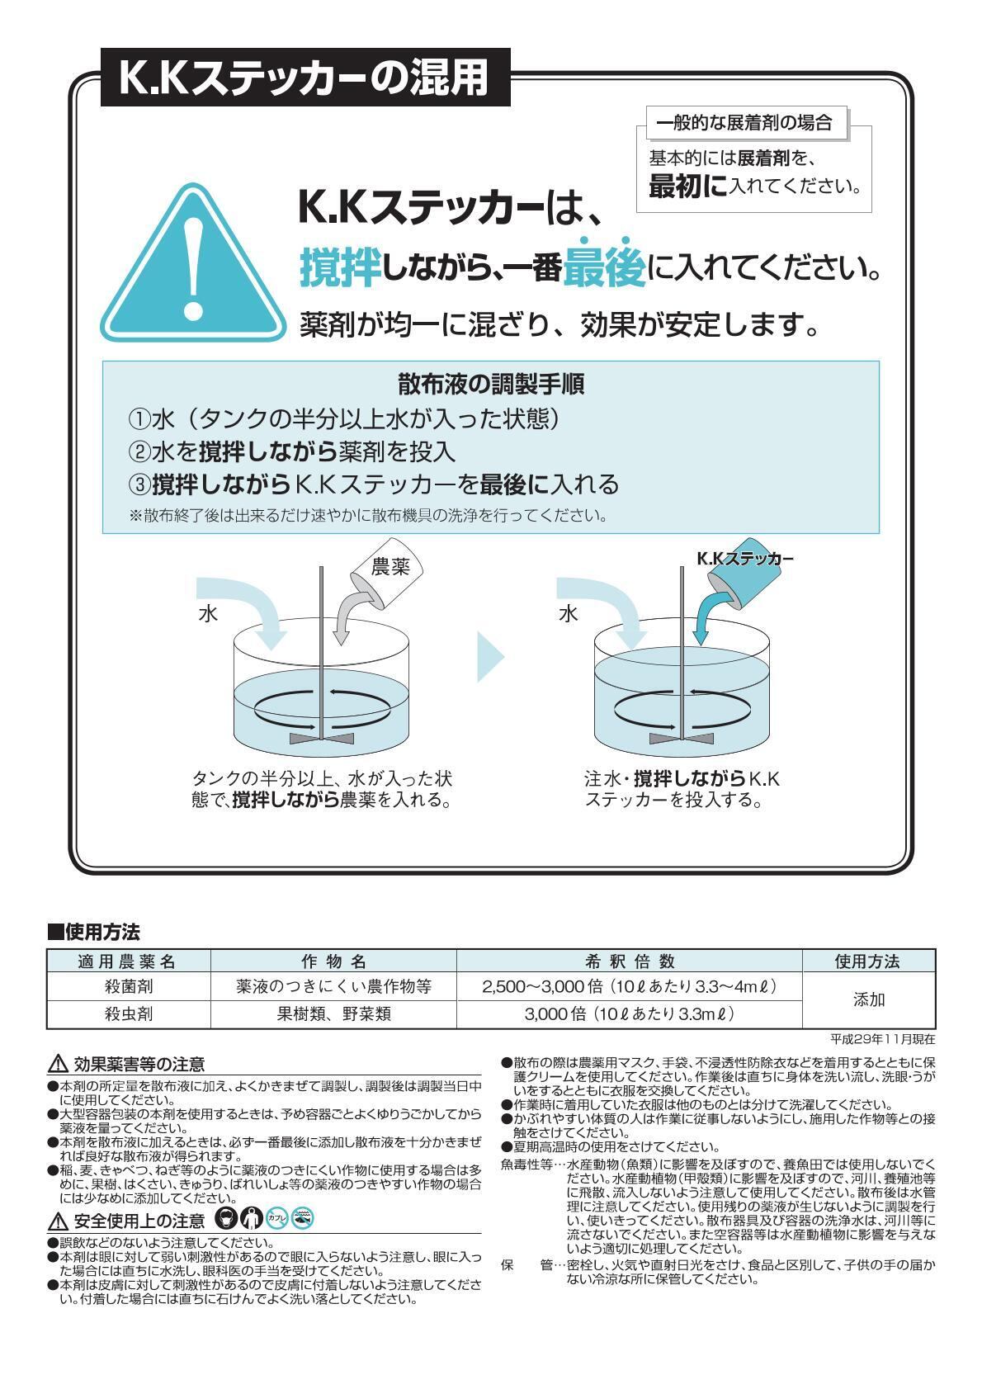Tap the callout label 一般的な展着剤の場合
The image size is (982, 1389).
click(743, 124)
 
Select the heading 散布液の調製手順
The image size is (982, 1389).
click(491, 384)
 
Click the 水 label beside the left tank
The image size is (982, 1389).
click(207, 614)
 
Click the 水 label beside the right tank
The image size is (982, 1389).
click(569, 614)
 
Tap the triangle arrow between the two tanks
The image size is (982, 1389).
click(490, 657)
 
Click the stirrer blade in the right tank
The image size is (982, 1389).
click(682, 737)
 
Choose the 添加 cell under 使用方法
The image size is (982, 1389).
click(868, 999)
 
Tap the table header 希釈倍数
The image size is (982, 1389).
click(630, 961)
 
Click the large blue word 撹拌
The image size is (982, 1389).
click(339, 267)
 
